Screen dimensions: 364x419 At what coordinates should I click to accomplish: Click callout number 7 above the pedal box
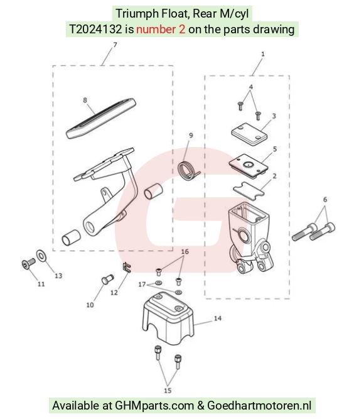115,45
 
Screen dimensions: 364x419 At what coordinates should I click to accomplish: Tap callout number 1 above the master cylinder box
263,54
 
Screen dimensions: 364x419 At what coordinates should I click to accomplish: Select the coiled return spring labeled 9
189,170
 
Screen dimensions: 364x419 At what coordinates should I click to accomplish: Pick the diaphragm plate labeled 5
249,166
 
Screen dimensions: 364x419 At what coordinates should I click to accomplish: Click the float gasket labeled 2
249,190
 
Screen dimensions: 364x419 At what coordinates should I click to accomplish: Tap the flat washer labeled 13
41,256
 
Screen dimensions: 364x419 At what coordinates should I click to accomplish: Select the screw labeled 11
28,263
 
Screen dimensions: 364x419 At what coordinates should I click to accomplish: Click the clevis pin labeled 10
107,279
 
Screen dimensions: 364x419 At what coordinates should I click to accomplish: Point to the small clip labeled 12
127,268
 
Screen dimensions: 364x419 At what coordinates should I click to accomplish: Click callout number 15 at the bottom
168,390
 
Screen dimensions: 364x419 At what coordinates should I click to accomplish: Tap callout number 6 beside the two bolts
324,199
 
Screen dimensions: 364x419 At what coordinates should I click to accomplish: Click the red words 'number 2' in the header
161,29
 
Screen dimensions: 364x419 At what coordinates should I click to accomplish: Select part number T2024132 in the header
95,29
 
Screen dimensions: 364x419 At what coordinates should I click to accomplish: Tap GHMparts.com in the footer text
154,406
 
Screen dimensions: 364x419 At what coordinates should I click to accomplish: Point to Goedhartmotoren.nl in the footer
259,406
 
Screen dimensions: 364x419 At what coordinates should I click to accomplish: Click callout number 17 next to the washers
142,285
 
